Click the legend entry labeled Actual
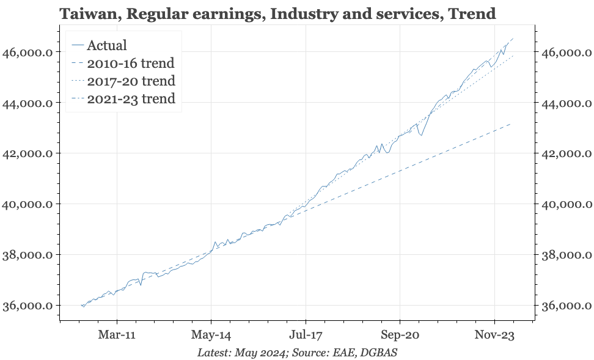(x=107, y=45)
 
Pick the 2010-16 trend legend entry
(x=131, y=63)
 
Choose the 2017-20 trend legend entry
(x=131, y=81)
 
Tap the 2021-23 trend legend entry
(x=131, y=98)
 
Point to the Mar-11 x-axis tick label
(x=117, y=334)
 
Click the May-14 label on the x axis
(x=211, y=334)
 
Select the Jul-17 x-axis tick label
(x=305, y=334)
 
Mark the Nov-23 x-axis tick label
(x=494, y=334)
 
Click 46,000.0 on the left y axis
(x=28, y=53)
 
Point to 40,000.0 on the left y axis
(x=28, y=204)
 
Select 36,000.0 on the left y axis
(x=28, y=306)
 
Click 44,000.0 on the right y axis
(x=567, y=103)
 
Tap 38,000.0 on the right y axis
(x=567, y=255)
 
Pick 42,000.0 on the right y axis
(x=567, y=153)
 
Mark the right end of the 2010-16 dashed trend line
(x=512, y=123)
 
